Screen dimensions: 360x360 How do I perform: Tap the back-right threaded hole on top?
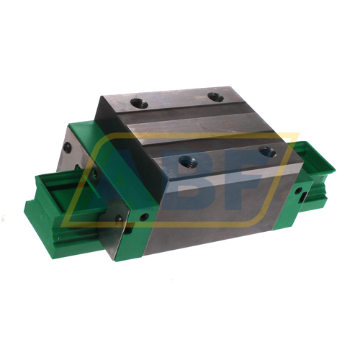coord(214,96)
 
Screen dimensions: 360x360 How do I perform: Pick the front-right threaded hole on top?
coord(267,152)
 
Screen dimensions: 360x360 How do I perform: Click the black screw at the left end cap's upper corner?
coord(67,147)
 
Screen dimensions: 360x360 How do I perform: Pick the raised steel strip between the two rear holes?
coord(176,101)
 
